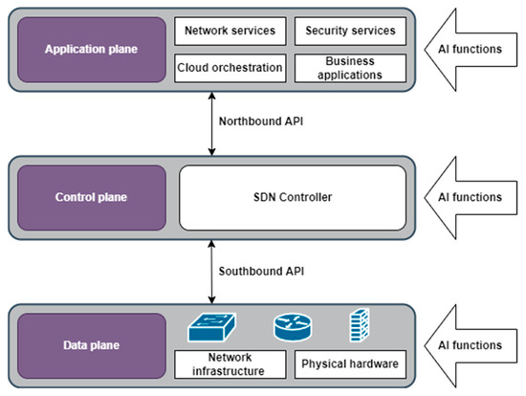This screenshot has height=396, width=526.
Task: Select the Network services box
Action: pyautogui.click(x=230, y=31)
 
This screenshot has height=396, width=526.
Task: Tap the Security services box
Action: pyautogui.click(x=349, y=31)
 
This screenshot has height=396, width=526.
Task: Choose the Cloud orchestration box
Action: pyautogui.click(x=230, y=68)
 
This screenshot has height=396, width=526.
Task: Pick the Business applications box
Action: pyautogui.click(x=349, y=68)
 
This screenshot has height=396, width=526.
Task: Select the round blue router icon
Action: pyautogui.click(x=292, y=328)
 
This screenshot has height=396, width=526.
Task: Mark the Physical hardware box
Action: pyautogui.click(x=349, y=364)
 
